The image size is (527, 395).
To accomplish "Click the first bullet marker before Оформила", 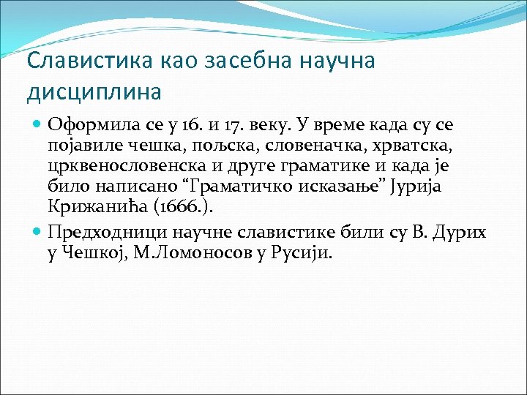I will pyautogui.click(x=38, y=125).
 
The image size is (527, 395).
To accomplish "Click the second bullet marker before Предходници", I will pyautogui.click(x=38, y=233).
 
